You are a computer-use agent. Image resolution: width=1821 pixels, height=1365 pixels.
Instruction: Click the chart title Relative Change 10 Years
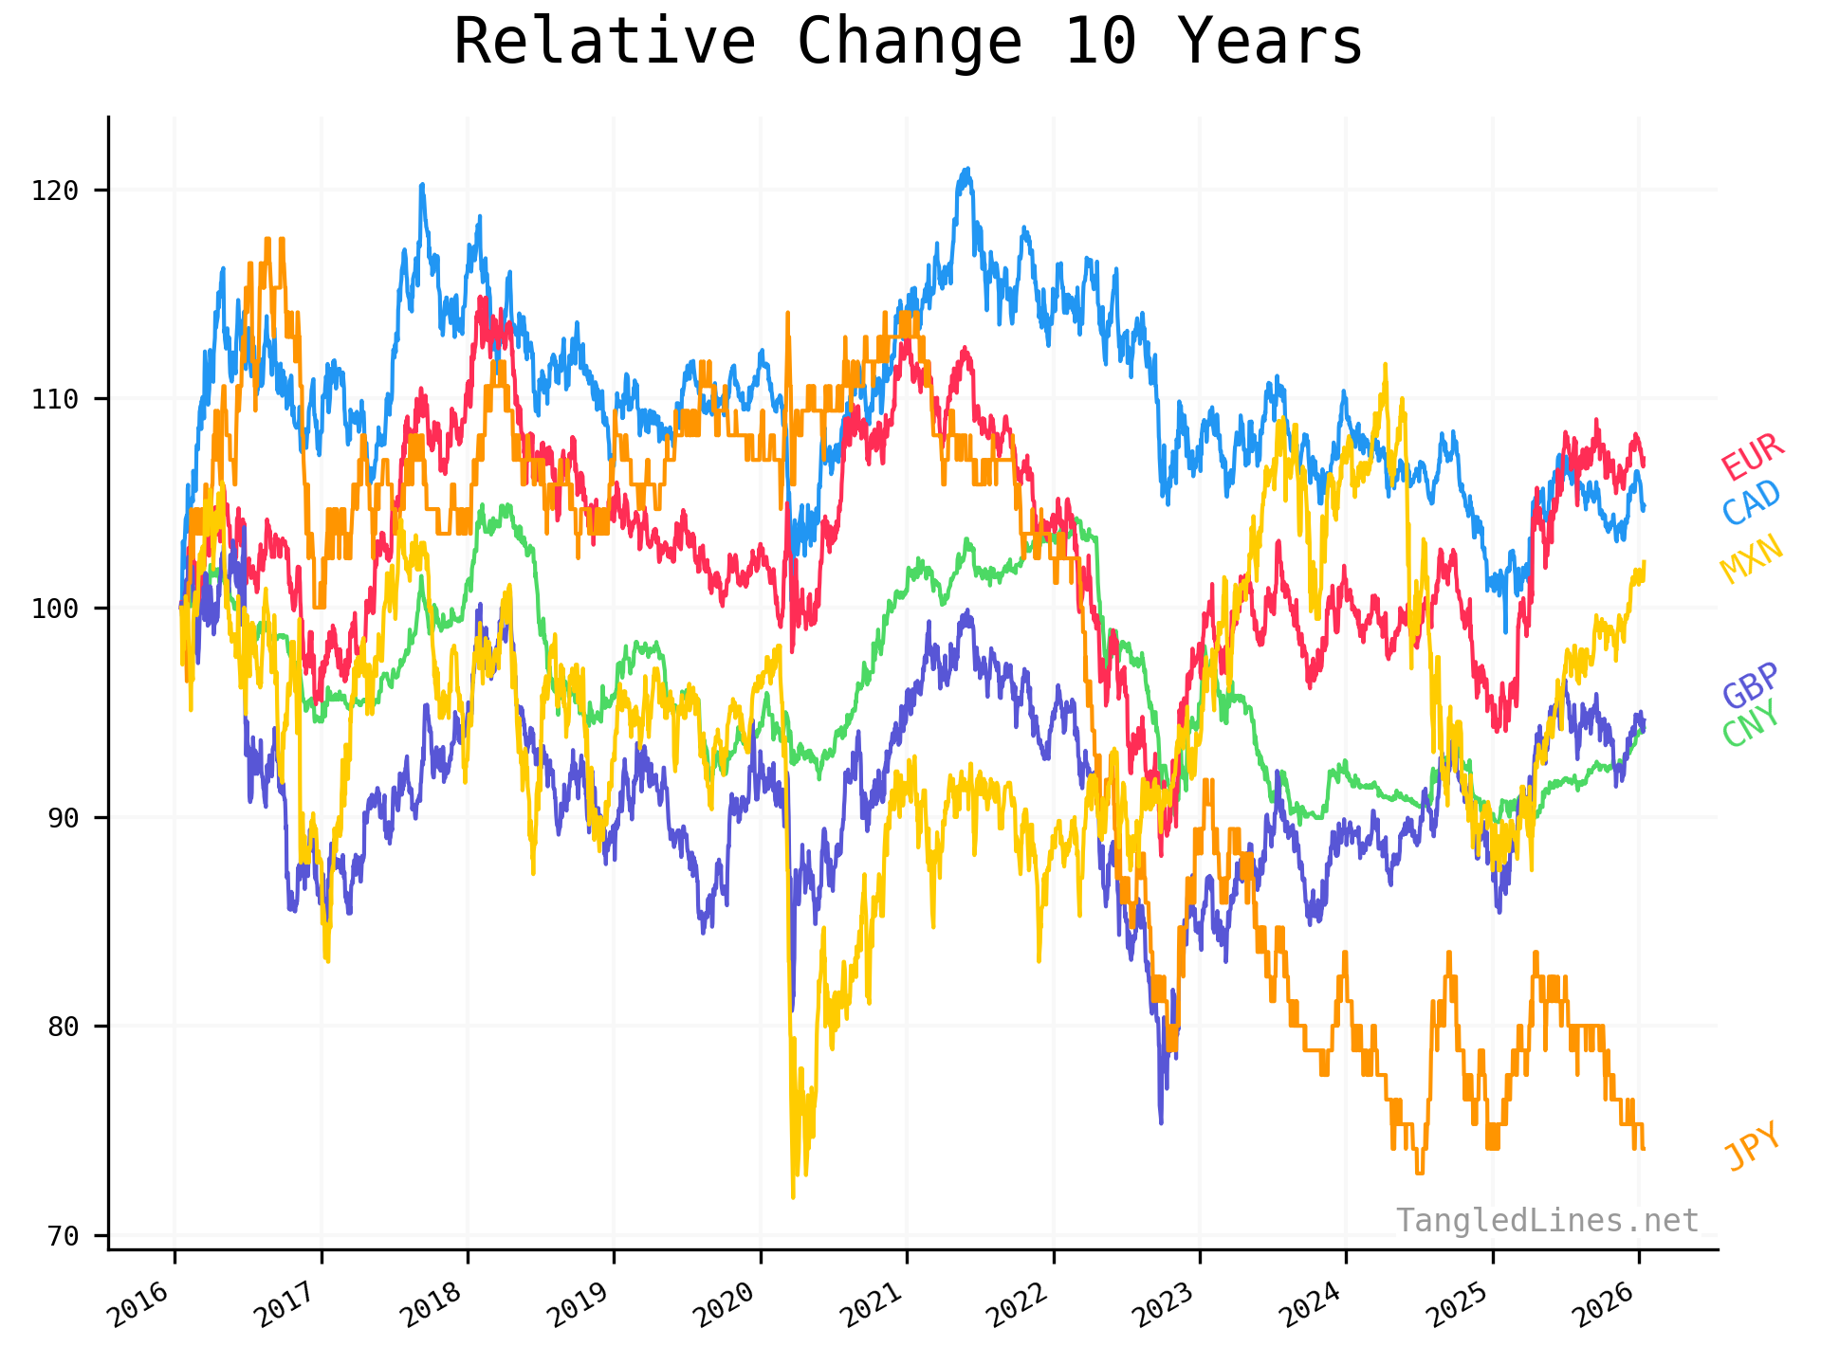908,43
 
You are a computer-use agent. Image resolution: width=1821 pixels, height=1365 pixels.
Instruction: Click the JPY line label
1753,1147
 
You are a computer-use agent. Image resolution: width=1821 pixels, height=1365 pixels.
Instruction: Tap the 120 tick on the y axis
54,191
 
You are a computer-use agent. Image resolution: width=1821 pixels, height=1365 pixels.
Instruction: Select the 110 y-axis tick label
54,399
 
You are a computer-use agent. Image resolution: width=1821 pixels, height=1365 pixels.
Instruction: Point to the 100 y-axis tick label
54,608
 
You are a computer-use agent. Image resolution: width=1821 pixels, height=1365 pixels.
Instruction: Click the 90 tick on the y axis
62,817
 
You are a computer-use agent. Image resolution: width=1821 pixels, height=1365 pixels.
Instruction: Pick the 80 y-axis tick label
62,1027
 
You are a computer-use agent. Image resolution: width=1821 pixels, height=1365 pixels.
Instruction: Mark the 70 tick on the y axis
62,1236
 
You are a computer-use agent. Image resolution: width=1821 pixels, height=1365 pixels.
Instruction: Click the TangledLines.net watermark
1547,1221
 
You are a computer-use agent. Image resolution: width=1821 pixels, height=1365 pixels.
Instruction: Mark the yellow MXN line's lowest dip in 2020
793,1196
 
